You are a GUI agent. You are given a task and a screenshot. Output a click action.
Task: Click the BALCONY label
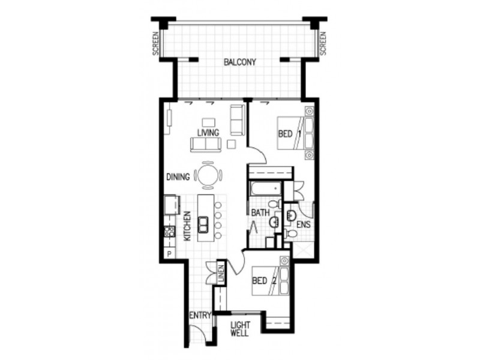coord(240,62)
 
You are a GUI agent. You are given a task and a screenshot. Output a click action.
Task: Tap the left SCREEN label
coord(155,44)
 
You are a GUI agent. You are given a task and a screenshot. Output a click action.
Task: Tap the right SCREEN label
coord(324,44)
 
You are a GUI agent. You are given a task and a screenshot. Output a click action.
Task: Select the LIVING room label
coord(208,132)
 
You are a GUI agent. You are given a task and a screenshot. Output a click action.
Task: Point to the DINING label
coord(178,177)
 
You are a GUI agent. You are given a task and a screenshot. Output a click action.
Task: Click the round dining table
coord(208,176)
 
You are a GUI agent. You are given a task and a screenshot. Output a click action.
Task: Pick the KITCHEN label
coord(187,226)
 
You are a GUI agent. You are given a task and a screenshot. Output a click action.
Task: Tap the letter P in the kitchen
coord(170,254)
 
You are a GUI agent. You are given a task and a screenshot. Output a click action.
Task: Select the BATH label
coord(260,213)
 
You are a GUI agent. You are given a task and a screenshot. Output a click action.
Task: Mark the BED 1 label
coord(289,134)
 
